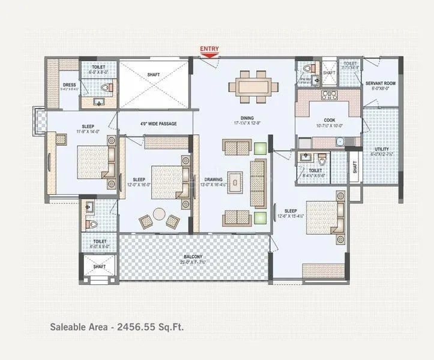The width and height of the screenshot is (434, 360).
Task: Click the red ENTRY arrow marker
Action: (x=209, y=55)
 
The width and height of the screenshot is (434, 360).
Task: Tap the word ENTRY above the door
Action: (x=209, y=49)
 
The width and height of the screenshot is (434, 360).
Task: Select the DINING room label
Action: (x=247, y=118)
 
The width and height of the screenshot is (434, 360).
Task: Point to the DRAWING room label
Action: (x=213, y=179)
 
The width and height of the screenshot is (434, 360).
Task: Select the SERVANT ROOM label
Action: (x=381, y=83)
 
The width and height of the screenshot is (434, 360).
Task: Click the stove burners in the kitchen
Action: (x=330, y=95)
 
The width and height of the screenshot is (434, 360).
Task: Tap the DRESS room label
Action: (x=69, y=85)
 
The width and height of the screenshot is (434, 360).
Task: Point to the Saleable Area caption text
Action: (x=117, y=327)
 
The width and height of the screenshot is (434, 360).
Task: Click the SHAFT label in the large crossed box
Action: (x=154, y=75)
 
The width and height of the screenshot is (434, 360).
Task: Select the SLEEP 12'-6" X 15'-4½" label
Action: (x=291, y=211)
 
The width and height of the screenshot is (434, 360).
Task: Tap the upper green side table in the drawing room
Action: (x=259, y=148)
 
